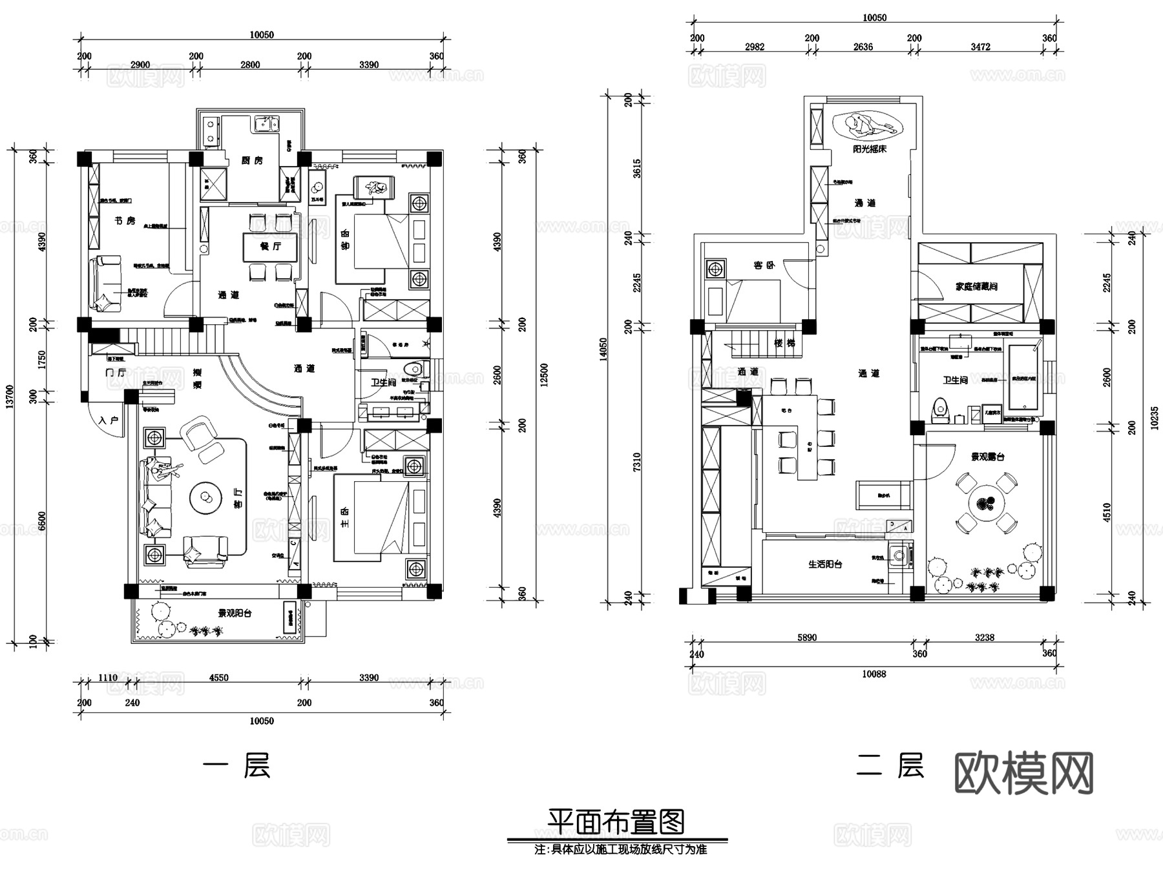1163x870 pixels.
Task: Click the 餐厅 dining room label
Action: pos(270,246)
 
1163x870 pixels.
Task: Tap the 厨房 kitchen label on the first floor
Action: pos(252,160)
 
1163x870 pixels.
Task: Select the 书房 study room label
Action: pos(125,221)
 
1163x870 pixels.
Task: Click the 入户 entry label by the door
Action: pos(109,420)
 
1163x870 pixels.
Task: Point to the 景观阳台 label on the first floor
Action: pos(235,613)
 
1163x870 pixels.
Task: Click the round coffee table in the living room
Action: pos(207,498)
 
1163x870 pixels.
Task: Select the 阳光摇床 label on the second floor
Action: pos(869,149)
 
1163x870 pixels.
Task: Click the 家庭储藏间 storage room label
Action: pos(976,285)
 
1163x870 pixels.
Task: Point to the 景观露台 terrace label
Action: pos(987,457)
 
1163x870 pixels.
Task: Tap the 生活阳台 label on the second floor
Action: pos(825,564)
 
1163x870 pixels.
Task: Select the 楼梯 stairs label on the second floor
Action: pos(784,343)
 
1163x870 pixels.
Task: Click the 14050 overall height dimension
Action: pos(603,349)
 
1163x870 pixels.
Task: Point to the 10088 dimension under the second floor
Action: pos(874,674)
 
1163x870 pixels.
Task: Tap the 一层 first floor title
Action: pos(236,767)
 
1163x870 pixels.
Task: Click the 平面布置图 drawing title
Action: pos(616,822)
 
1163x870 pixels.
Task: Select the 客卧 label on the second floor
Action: pos(764,265)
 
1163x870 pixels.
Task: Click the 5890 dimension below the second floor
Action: pos(806,637)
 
